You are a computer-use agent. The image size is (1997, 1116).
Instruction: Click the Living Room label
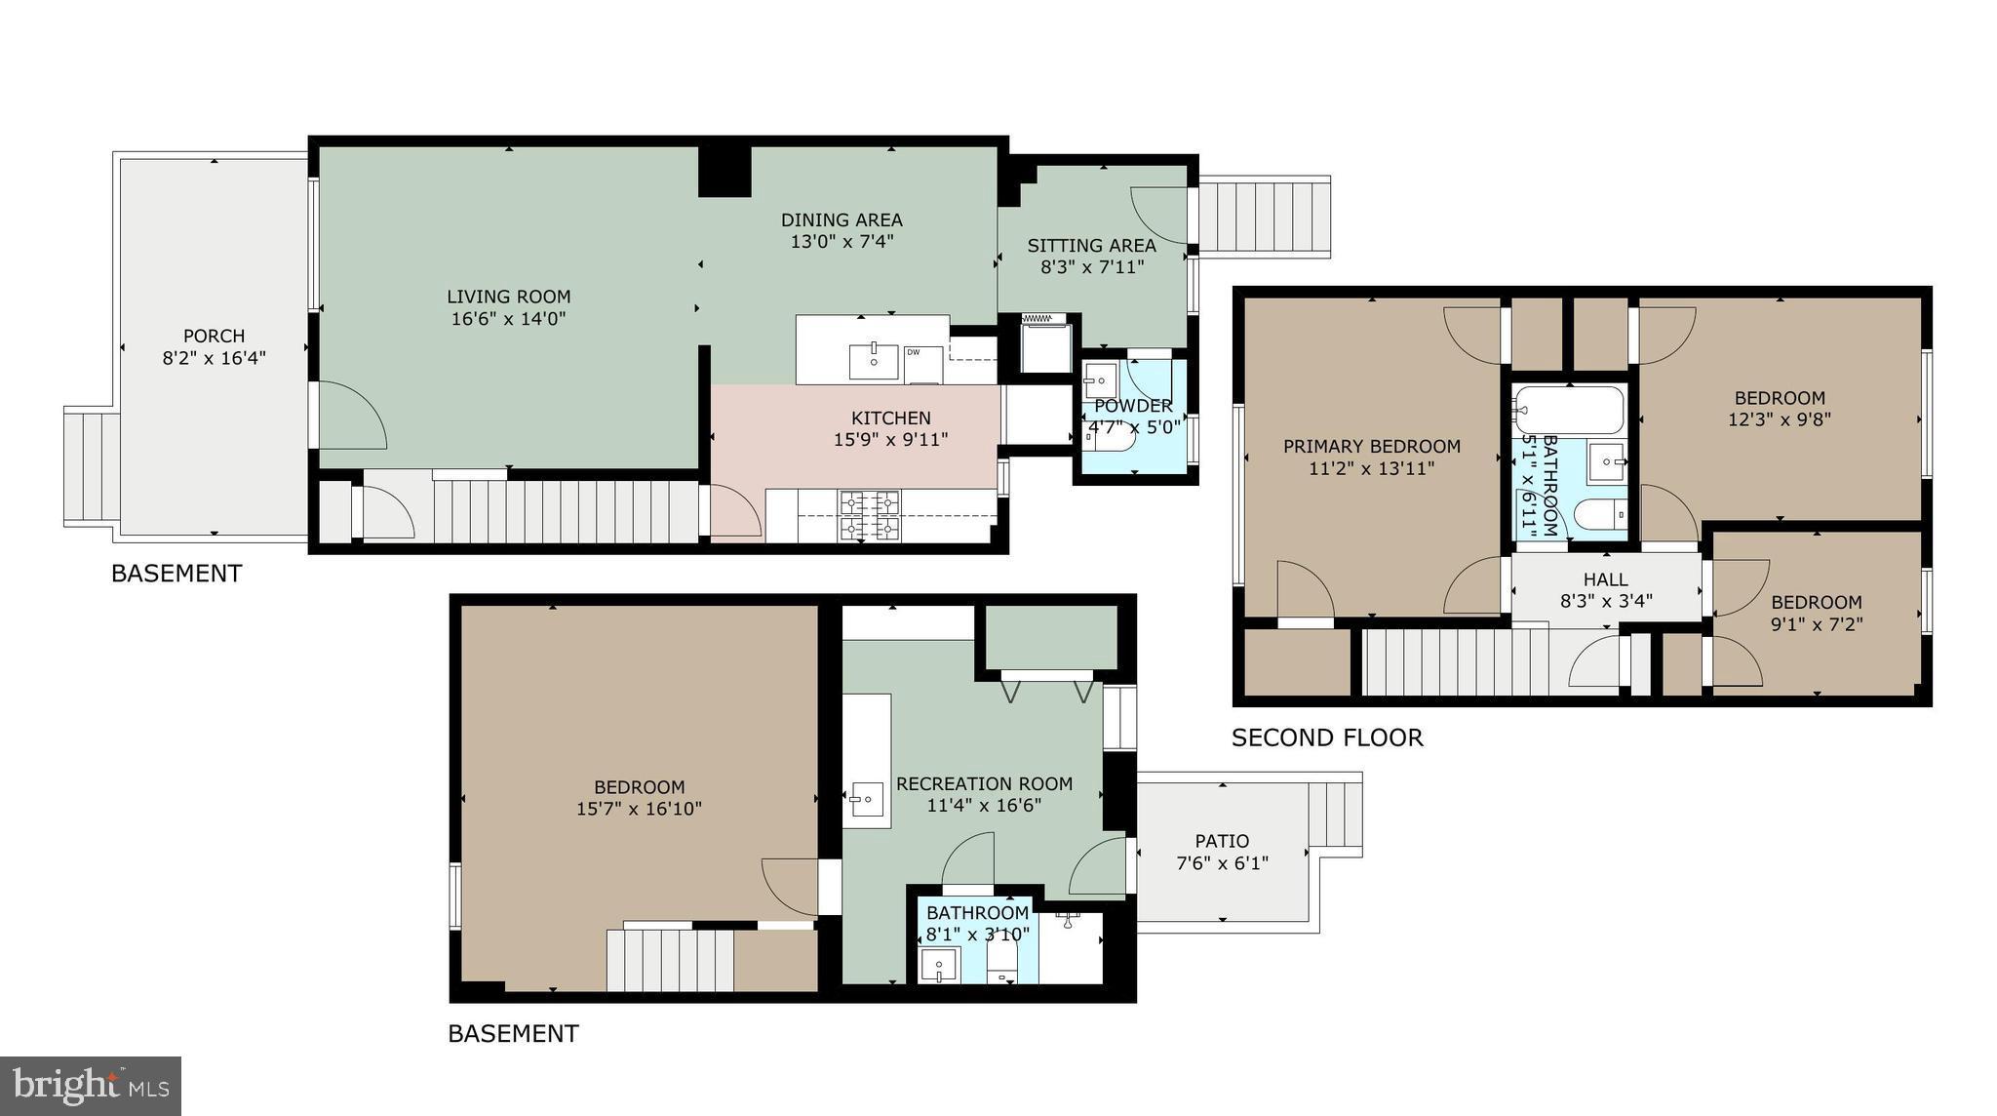tap(508, 297)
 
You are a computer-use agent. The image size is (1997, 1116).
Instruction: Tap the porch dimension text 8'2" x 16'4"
tap(214, 358)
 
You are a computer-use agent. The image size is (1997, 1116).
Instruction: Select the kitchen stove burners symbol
tap(870, 516)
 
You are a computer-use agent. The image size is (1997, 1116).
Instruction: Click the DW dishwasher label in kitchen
tap(914, 352)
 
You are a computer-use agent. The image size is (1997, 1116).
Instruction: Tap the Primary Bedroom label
tap(1371, 447)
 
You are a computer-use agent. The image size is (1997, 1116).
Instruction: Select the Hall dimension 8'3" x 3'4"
tap(1606, 601)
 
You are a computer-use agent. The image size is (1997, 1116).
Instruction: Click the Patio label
tap(1222, 841)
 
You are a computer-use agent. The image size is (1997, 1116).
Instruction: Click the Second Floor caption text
tap(1326, 737)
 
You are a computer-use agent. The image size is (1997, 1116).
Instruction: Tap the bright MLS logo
tap(91, 1086)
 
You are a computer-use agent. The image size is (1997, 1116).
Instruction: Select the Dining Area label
tap(842, 220)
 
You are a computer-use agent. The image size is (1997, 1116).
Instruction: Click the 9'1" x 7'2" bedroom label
tap(1816, 603)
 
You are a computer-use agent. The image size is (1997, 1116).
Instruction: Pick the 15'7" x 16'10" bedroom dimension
tap(639, 809)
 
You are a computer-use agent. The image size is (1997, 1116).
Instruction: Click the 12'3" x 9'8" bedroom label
tap(1779, 398)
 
